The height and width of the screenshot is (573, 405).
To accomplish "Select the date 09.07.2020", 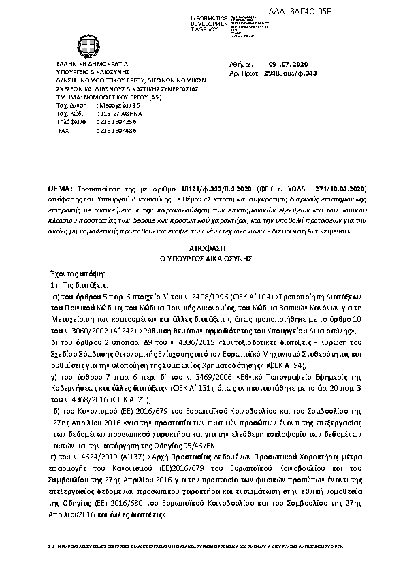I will click(281, 62).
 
